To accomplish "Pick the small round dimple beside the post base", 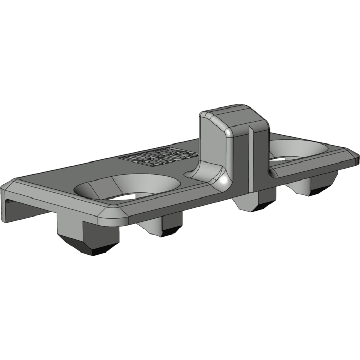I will pyautogui.click(x=192, y=175).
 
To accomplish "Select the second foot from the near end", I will pyautogui.click(x=160, y=226).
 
